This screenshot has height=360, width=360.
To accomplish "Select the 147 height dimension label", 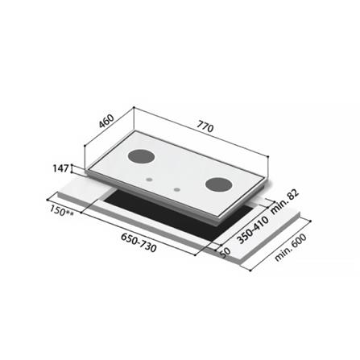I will pyautogui.click(x=60, y=168).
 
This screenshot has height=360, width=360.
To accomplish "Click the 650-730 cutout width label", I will pyautogui.click(x=137, y=241).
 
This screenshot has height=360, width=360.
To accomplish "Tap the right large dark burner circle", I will pyautogui.click(x=218, y=184).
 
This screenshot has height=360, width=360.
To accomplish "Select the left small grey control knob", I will pyautogui.click(x=149, y=180).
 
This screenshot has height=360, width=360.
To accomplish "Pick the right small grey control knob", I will pyautogui.click(x=176, y=191).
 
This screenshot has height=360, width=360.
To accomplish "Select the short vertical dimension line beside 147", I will pyautogui.click(x=73, y=169).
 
